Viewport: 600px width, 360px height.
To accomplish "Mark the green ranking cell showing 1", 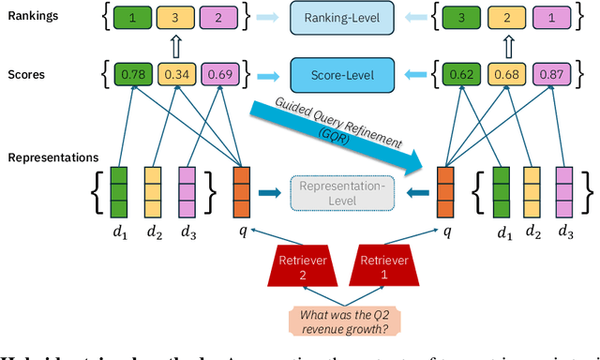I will (133, 18).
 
